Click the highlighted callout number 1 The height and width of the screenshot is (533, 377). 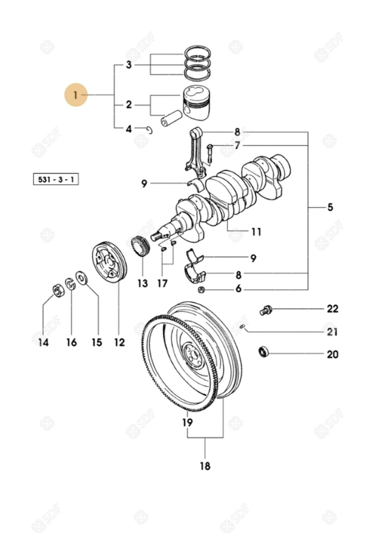click(75, 94)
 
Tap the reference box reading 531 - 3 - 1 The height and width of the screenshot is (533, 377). click(56, 180)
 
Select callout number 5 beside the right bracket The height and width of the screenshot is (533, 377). click(330, 207)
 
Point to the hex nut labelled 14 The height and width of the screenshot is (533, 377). click(58, 290)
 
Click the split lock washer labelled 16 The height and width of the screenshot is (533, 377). click(71, 284)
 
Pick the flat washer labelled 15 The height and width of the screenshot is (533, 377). click(82, 278)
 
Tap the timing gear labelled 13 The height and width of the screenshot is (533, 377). click(142, 246)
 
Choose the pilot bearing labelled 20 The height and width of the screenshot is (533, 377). click(264, 352)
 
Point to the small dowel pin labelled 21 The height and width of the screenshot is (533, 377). click(243, 326)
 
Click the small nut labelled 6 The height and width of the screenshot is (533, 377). click(200, 289)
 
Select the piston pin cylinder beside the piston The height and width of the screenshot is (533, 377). click(171, 118)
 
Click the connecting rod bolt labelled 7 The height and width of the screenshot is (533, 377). click(210, 153)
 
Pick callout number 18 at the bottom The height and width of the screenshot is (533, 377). click(205, 466)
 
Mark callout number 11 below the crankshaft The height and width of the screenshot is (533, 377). click(256, 231)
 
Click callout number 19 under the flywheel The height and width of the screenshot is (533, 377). click(187, 422)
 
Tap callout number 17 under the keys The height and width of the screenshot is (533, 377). click(162, 283)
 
